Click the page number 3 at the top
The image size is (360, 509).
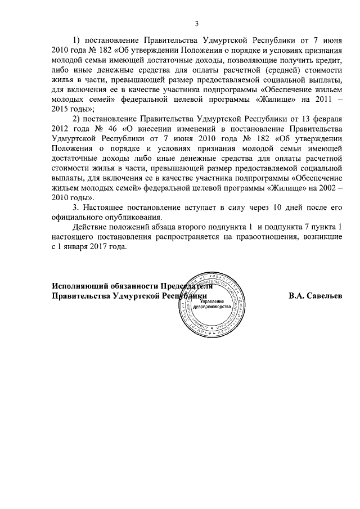pyautogui.click(x=196, y=23)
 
